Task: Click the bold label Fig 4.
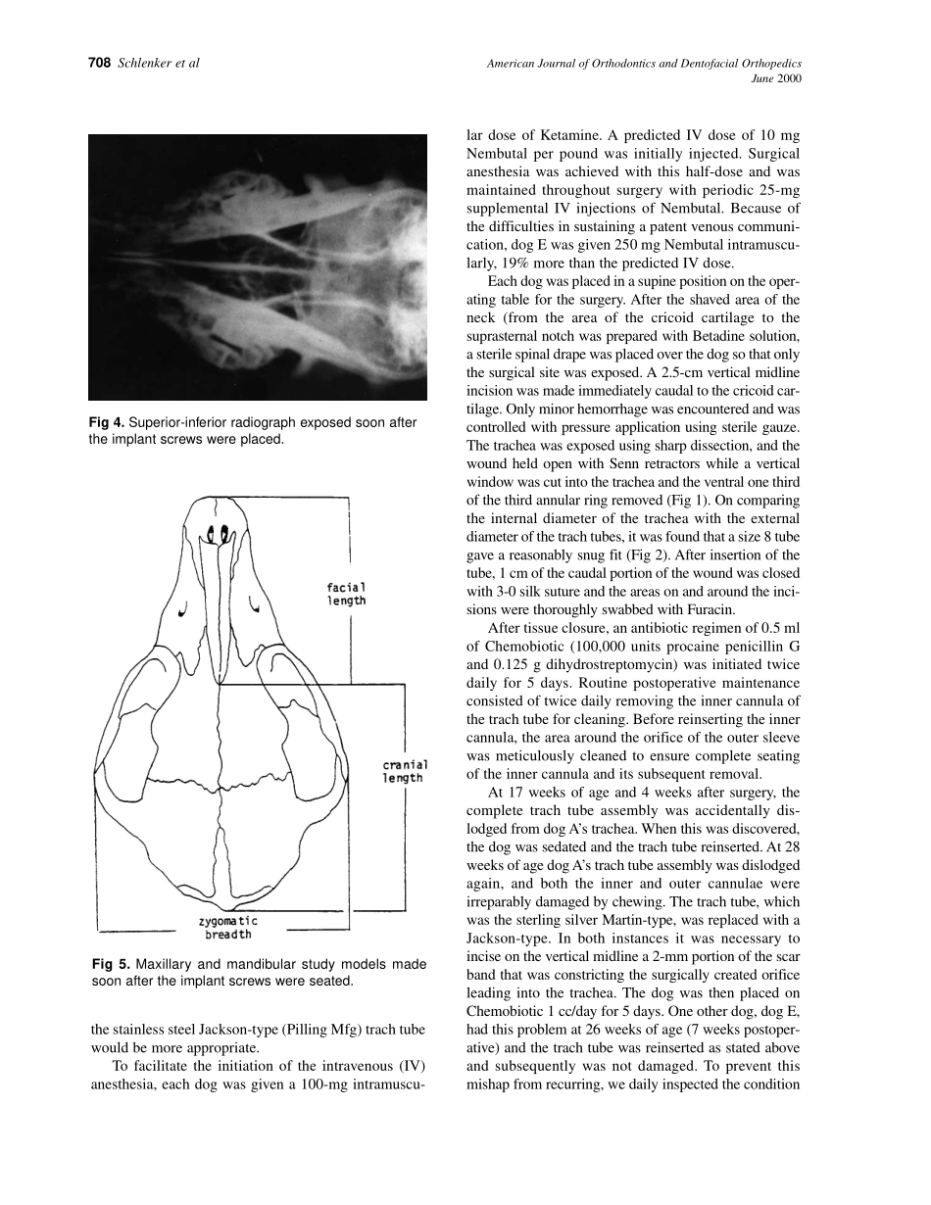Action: coord(106,423)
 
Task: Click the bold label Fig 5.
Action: coord(106,964)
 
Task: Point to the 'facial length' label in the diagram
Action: coord(346,594)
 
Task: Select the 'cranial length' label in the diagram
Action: coord(403,771)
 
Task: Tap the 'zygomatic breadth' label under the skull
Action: coord(228,928)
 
